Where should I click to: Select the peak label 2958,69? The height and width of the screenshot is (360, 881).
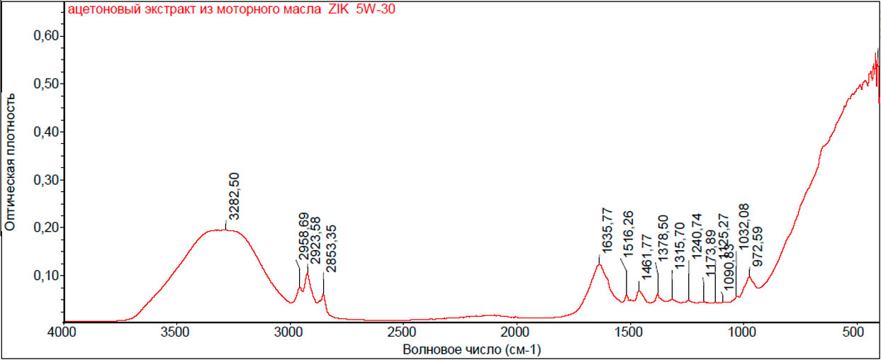coord(304,236)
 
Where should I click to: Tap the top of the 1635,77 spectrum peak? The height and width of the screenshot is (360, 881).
coord(599,264)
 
